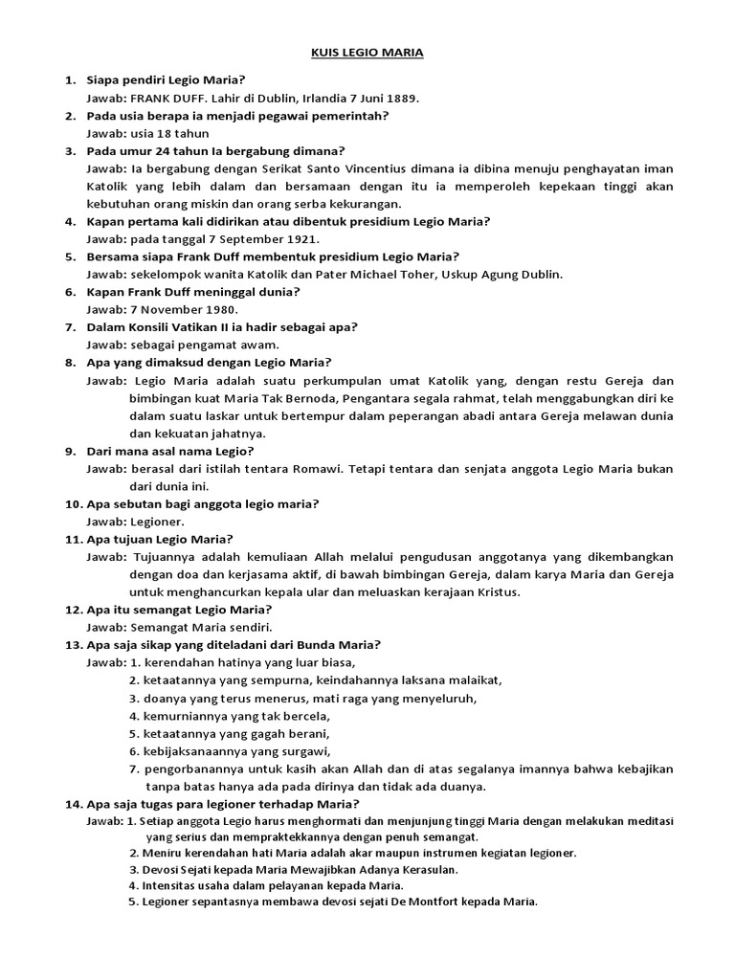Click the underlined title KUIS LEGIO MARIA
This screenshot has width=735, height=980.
pos(367,54)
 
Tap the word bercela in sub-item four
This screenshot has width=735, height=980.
pos(304,715)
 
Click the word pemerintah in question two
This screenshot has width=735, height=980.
pos(354,115)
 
